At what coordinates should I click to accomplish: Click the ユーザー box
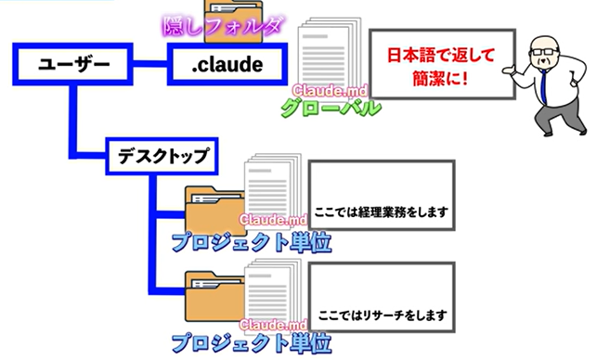pyautogui.click(x=72, y=64)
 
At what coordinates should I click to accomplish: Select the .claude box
pyautogui.click(x=227, y=64)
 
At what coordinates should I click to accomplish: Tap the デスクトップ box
pyautogui.click(x=162, y=156)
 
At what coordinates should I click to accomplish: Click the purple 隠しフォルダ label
pyautogui.click(x=224, y=26)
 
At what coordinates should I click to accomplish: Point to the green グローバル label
pyautogui.click(x=331, y=108)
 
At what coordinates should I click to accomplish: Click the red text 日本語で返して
pyautogui.click(x=441, y=55)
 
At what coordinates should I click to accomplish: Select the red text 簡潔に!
pyautogui.click(x=440, y=79)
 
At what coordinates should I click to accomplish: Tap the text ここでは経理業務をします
pyautogui.click(x=381, y=212)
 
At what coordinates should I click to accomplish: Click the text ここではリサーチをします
pyautogui.click(x=383, y=315)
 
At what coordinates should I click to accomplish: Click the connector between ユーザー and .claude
pyautogui.click(x=150, y=64)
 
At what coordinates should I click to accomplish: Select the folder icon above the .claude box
pyautogui.click(x=233, y=21)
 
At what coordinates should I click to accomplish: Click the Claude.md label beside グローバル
pyautogui.click(x=331, y=91)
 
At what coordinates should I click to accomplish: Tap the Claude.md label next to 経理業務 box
pyautogui.click(x=273, y=220)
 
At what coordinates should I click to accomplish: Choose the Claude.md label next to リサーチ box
pyautogui.click(x=273, y=325)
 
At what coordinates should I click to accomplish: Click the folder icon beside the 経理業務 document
pyautogui.click(x=215, y=212)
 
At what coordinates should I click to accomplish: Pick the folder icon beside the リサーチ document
pyautogui.click(x=215, y=296)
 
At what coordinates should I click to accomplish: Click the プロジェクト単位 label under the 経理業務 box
pyautogui.click(x=252, y=242)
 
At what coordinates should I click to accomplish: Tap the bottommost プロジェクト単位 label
pyautogui.click(x=252, y=343)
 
